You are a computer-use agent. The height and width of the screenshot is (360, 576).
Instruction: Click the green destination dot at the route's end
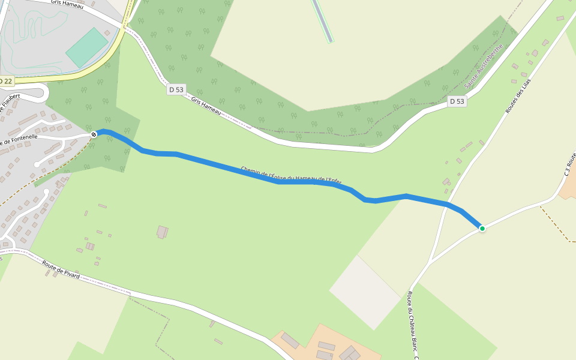point(482,228)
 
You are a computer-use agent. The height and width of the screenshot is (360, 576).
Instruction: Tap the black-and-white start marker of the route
point(94,134)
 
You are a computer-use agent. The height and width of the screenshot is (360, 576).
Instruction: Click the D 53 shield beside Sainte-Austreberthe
point(457,101)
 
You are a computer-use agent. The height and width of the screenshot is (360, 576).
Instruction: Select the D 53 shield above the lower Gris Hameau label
point(176,89)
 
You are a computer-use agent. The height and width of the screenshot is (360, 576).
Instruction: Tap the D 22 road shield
point(5,81)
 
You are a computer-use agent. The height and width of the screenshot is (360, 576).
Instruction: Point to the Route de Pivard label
point(61,269)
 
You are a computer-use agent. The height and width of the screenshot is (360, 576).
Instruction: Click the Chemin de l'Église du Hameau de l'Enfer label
point(291,175)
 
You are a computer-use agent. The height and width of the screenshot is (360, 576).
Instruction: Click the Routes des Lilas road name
point(518,96)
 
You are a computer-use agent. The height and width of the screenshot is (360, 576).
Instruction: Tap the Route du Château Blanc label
point(413,324)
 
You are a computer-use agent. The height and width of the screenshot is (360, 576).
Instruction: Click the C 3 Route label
point(569,164)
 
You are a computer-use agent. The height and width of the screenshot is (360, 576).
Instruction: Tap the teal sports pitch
point(88,47)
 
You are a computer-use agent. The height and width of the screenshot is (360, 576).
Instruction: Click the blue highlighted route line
point(240,172)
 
